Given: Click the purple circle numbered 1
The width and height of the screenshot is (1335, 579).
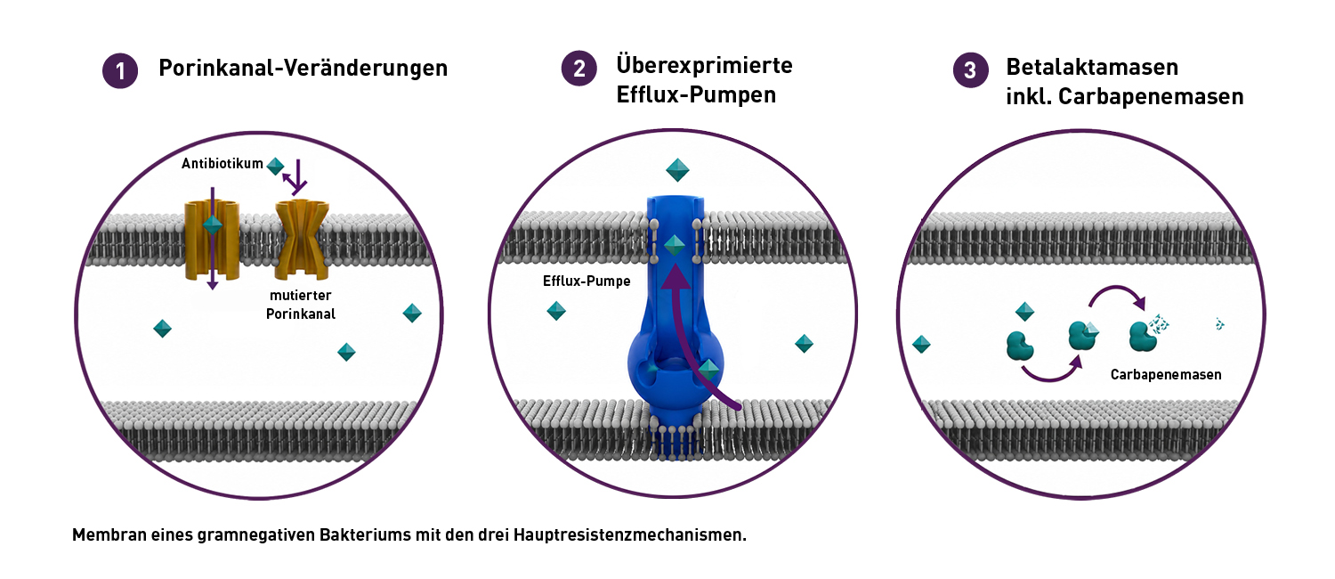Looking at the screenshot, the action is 120,71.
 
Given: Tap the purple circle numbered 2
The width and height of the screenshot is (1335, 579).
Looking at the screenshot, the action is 578,68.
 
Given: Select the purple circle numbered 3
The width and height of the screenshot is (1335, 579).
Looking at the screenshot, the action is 970,69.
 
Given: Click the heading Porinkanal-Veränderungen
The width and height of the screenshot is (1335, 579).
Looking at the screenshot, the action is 303,68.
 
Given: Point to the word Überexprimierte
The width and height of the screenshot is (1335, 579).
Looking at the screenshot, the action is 705,64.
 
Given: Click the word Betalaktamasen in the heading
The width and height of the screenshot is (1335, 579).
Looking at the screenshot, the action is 1092,67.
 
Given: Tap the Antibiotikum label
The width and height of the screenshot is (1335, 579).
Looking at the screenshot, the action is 222,163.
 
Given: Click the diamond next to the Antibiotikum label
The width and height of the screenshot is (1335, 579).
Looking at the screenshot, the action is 275,167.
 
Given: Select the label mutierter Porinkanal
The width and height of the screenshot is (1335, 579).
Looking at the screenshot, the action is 301,304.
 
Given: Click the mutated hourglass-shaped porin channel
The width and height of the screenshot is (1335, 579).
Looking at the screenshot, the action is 302,239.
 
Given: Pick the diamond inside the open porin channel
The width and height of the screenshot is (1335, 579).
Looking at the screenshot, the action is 213,224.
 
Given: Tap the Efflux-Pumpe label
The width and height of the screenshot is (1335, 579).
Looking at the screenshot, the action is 587,281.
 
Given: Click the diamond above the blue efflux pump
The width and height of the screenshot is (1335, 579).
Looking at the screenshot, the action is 677,170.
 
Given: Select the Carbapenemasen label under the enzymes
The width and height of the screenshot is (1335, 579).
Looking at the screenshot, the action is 1166,374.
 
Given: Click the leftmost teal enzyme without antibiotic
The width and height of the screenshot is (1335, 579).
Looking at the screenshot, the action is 1020,346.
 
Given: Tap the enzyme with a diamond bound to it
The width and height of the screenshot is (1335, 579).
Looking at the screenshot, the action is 1083,335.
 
